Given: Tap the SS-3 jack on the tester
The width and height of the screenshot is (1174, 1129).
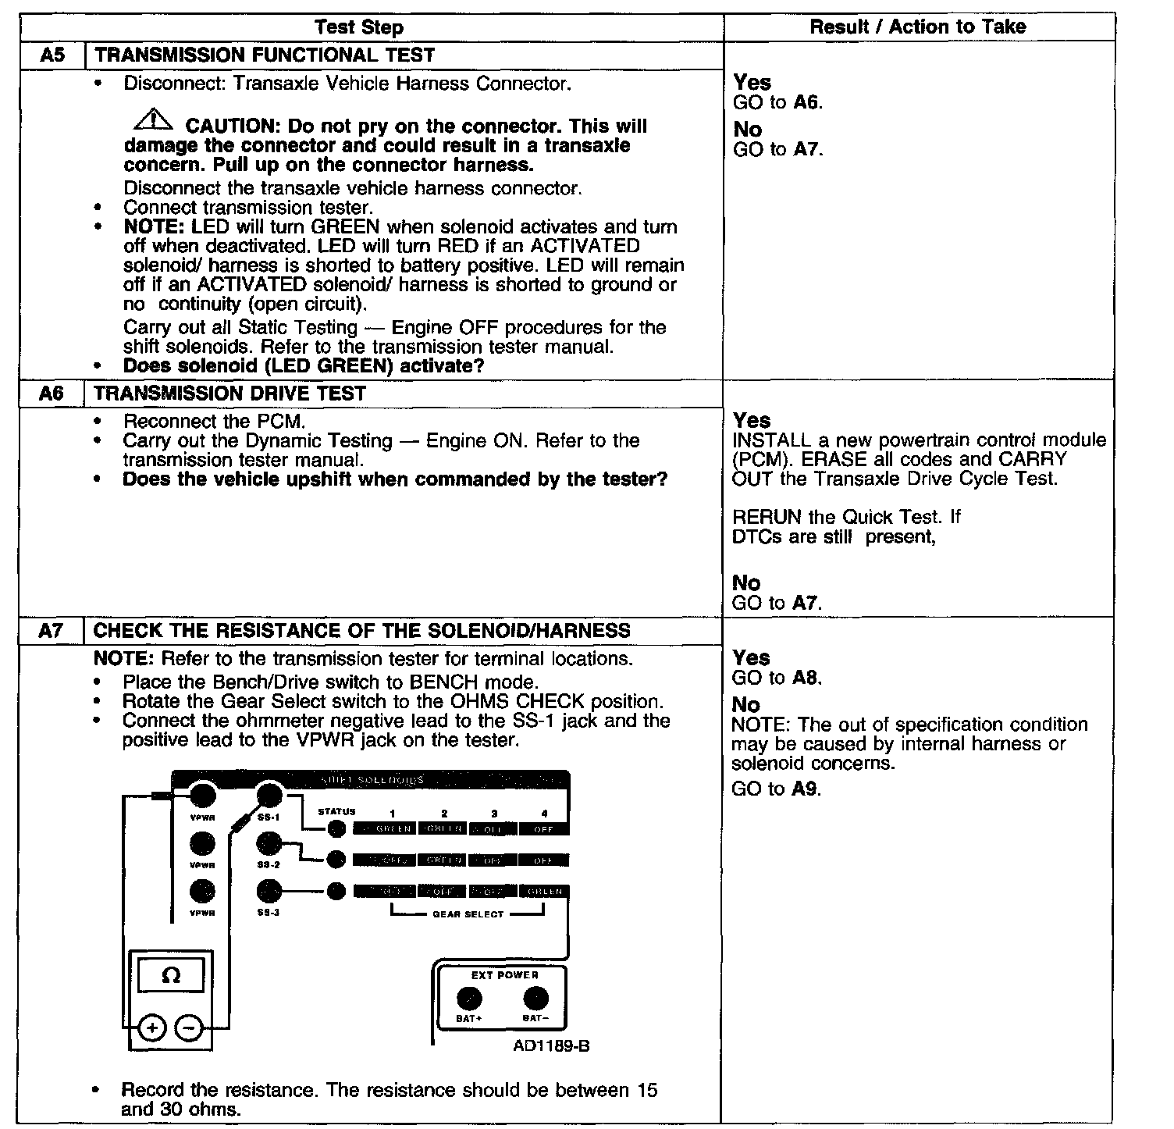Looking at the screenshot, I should coord(269,891).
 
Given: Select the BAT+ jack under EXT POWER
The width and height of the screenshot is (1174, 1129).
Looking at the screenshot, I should coord(469,999).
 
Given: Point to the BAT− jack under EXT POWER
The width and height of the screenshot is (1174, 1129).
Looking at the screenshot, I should coord(535,999).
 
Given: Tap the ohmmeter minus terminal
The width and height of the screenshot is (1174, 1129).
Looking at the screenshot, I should coord(188,1028).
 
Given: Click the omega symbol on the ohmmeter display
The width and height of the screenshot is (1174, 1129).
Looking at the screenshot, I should coord(171,976).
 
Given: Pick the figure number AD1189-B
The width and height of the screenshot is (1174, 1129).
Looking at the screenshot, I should coord(551,1045).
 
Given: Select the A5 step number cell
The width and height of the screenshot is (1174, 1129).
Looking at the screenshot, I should coord(52,55).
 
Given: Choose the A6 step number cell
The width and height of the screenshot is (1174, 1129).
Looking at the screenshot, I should coord(52,394).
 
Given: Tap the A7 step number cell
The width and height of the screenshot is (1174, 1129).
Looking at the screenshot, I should coord(52,631).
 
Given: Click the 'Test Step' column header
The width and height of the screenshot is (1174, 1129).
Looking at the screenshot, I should coord(359,28).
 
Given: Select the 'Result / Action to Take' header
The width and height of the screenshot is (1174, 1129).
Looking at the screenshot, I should coord(917,27).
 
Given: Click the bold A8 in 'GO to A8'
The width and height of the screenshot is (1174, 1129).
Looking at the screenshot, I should coord(807,678).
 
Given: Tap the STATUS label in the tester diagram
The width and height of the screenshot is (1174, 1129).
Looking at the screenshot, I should coord(336,812).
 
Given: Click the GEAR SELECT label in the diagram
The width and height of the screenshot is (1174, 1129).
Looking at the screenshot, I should coord(468,914).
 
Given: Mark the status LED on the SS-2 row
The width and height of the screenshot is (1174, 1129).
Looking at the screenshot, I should coord(336,860).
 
